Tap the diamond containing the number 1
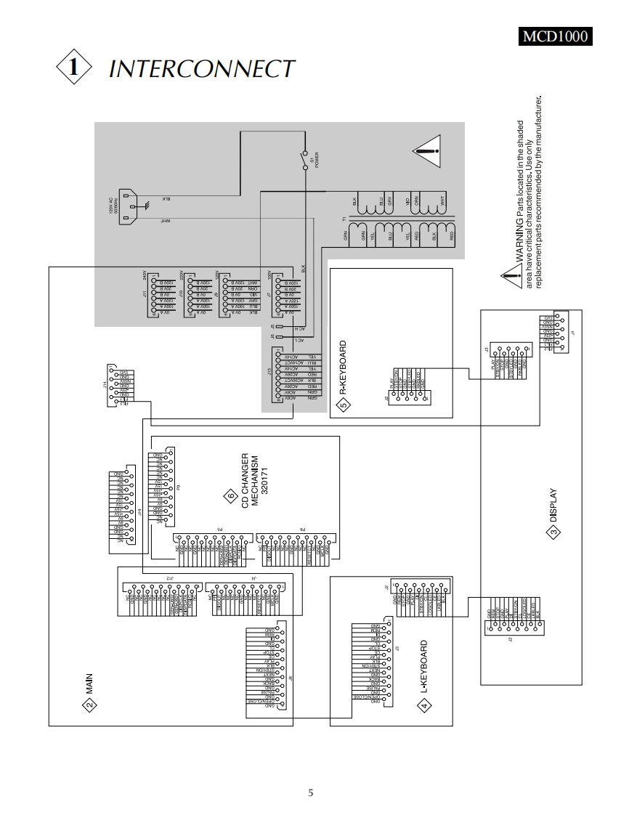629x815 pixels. coord(73,68)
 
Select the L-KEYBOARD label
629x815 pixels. coord(424,665)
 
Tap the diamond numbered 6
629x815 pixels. coord(230,496)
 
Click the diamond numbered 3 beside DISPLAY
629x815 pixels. coord(553,532)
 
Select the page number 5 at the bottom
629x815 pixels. coord(312,792)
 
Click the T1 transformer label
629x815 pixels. coord(345,219)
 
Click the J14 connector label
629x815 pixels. coord(104,384)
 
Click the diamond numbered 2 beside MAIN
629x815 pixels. coord(89,705)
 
